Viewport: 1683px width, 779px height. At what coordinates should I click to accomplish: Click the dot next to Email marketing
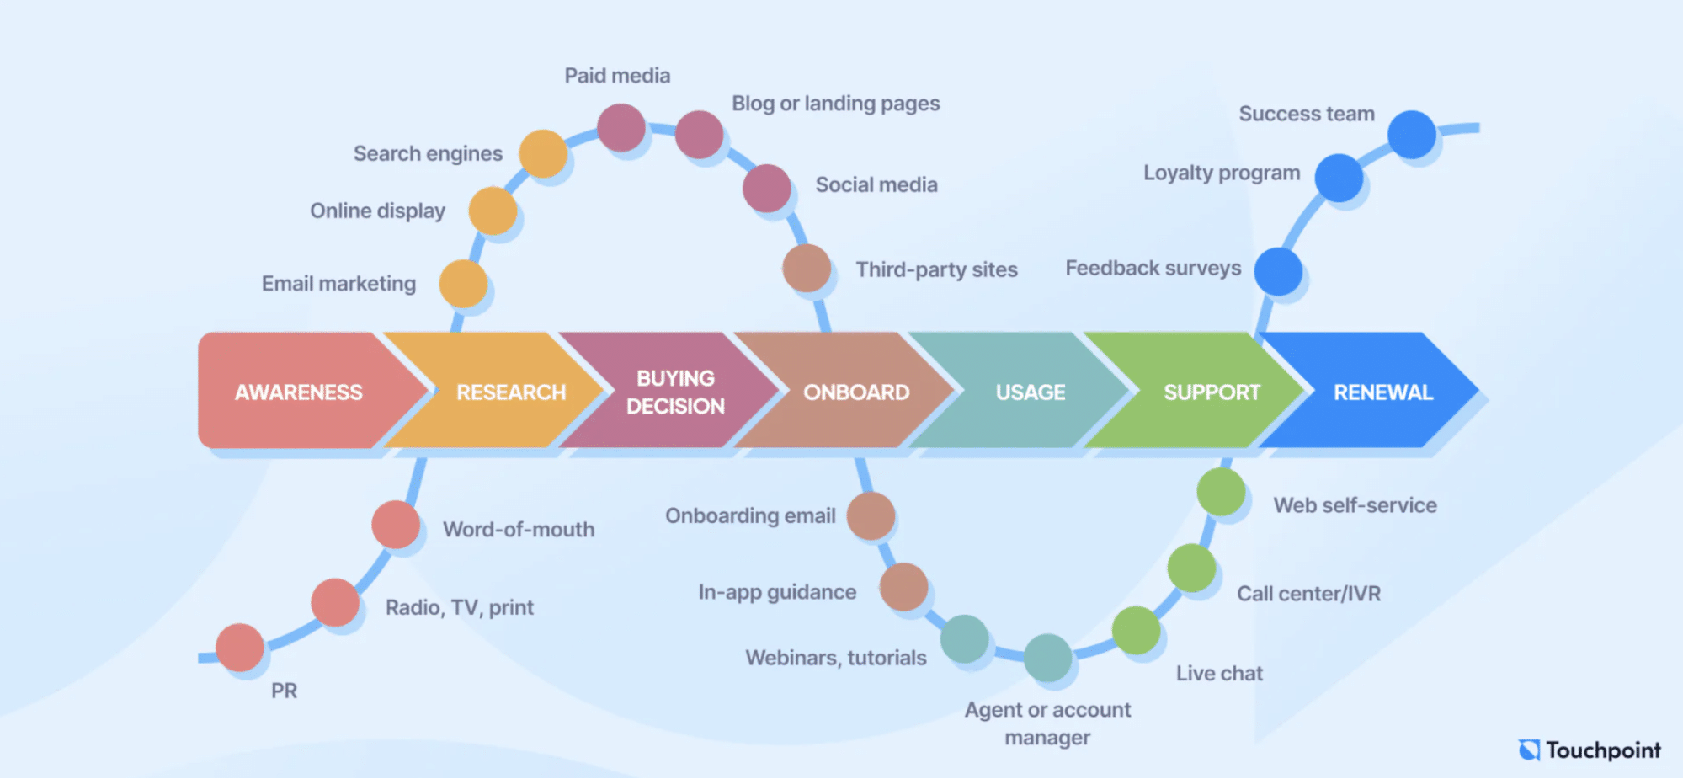463,283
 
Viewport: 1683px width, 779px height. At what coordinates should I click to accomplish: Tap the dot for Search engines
543,153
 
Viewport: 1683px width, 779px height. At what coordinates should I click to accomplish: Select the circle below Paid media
621,128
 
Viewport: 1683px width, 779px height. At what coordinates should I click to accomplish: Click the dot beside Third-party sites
807,268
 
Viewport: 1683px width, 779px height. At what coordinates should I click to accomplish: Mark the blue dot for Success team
1411,134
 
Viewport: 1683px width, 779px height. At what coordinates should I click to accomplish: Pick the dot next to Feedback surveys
1278,271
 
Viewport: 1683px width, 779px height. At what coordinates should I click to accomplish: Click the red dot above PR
240,647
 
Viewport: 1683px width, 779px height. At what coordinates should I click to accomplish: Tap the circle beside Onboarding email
871,515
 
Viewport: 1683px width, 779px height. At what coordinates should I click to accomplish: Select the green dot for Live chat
1136,630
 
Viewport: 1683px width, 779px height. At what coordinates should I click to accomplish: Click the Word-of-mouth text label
519,529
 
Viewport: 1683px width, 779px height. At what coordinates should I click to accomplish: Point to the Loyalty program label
1221,173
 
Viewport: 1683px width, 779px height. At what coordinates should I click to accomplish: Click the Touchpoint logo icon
1529,750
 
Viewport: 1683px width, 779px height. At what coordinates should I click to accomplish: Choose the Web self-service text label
1355,505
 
